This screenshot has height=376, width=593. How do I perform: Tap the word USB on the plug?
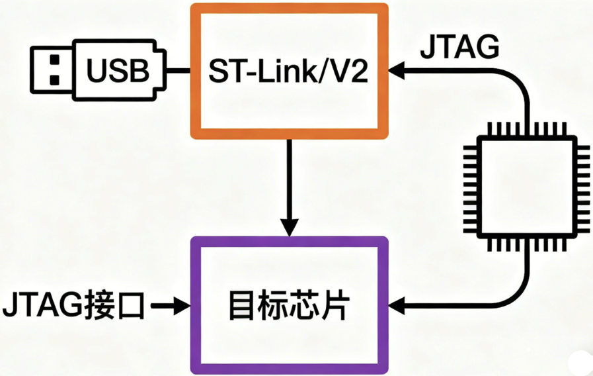[x=119, y=70]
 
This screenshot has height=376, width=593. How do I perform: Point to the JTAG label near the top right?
[x=459, y=48]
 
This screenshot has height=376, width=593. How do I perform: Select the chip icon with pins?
[x=527, y=187]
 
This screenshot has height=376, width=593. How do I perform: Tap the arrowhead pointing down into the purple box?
[x=289, y=227]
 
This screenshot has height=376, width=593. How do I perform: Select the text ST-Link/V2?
[x=288, y=70]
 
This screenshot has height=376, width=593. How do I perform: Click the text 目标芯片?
[x=288, y=306]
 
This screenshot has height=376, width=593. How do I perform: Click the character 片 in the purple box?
[x=335, y=306]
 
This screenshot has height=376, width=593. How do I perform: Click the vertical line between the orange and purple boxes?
[x=289, y=179]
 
